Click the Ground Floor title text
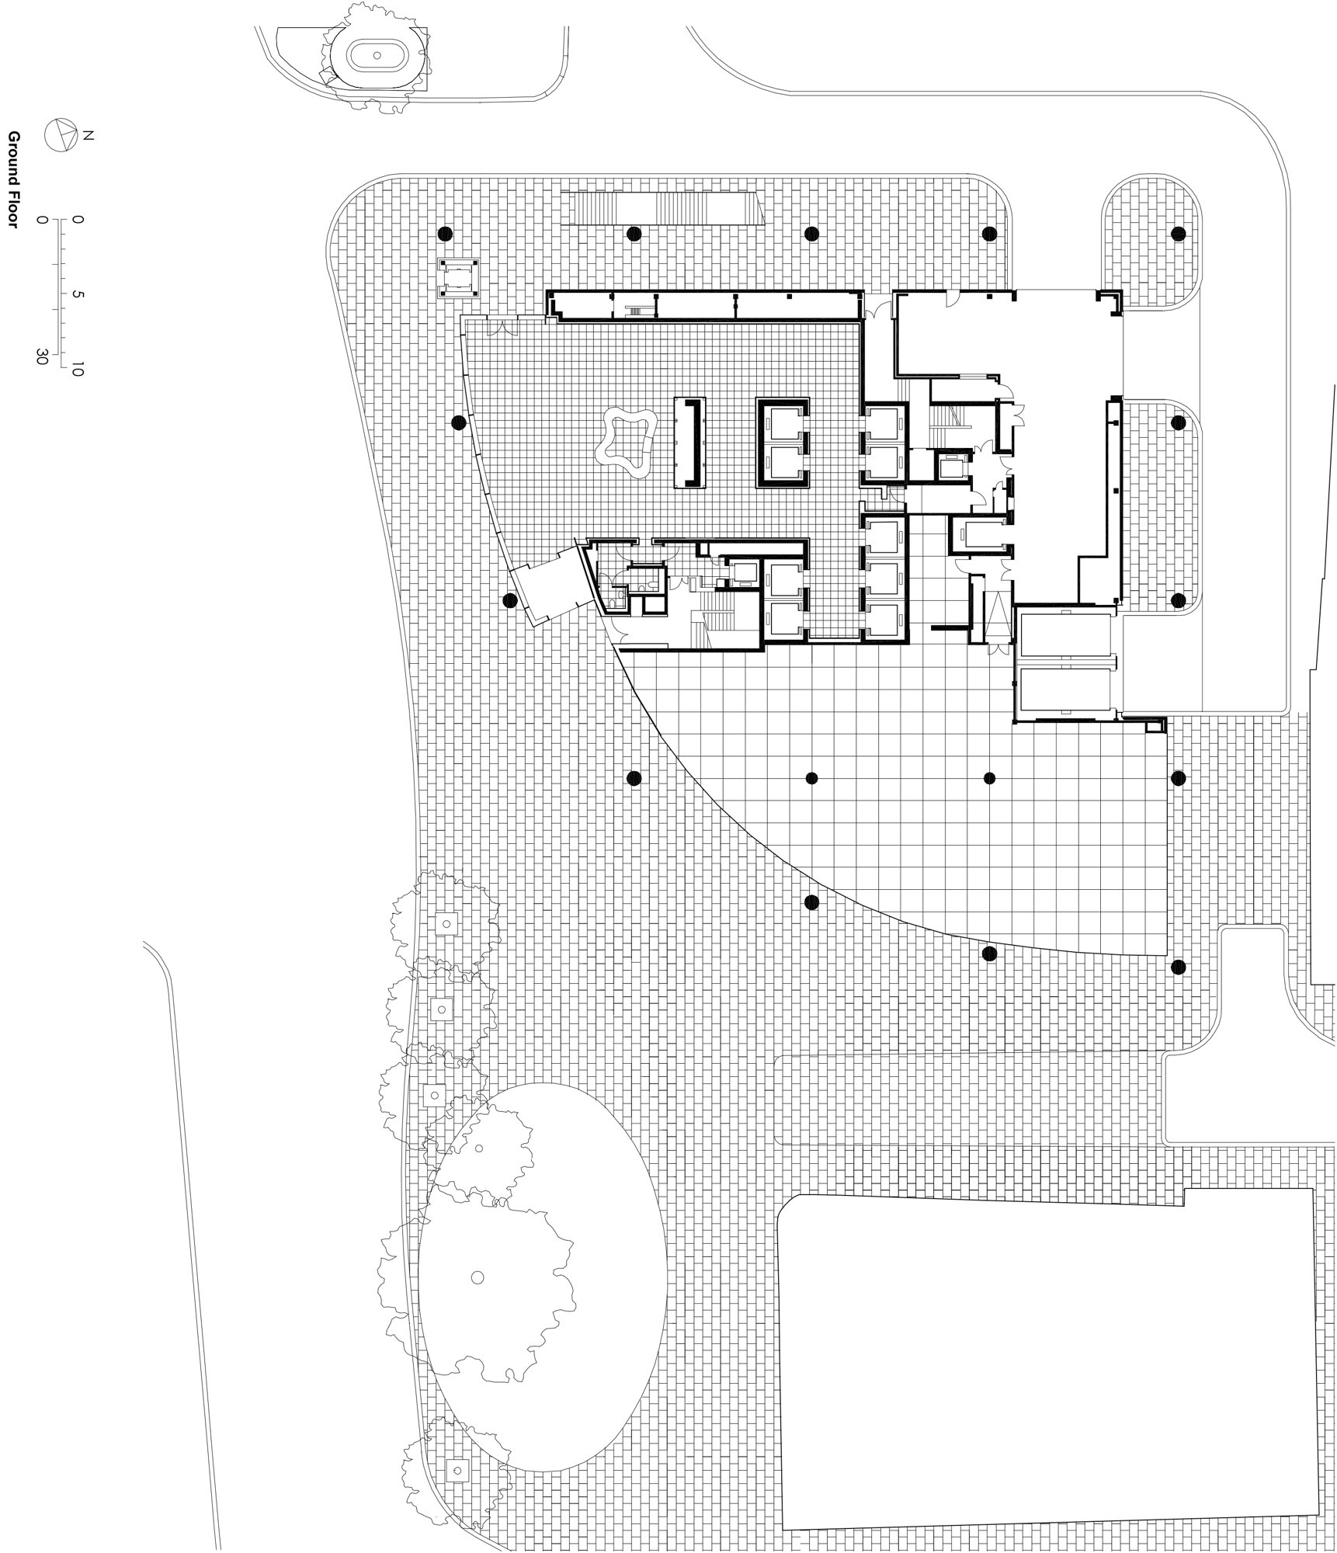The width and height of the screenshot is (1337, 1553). click(13, 179)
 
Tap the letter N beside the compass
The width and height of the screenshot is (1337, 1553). click(88, 136)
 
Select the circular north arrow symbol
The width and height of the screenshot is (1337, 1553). click(61, 136)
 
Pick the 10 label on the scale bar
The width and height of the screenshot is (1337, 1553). click(77, 370)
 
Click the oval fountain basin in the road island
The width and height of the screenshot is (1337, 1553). click(377, 56)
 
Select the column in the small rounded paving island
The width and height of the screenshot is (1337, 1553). click(1178, 233)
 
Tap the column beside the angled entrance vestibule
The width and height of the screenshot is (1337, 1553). click(510, 600)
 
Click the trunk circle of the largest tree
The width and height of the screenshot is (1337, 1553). click(477, 1277)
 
